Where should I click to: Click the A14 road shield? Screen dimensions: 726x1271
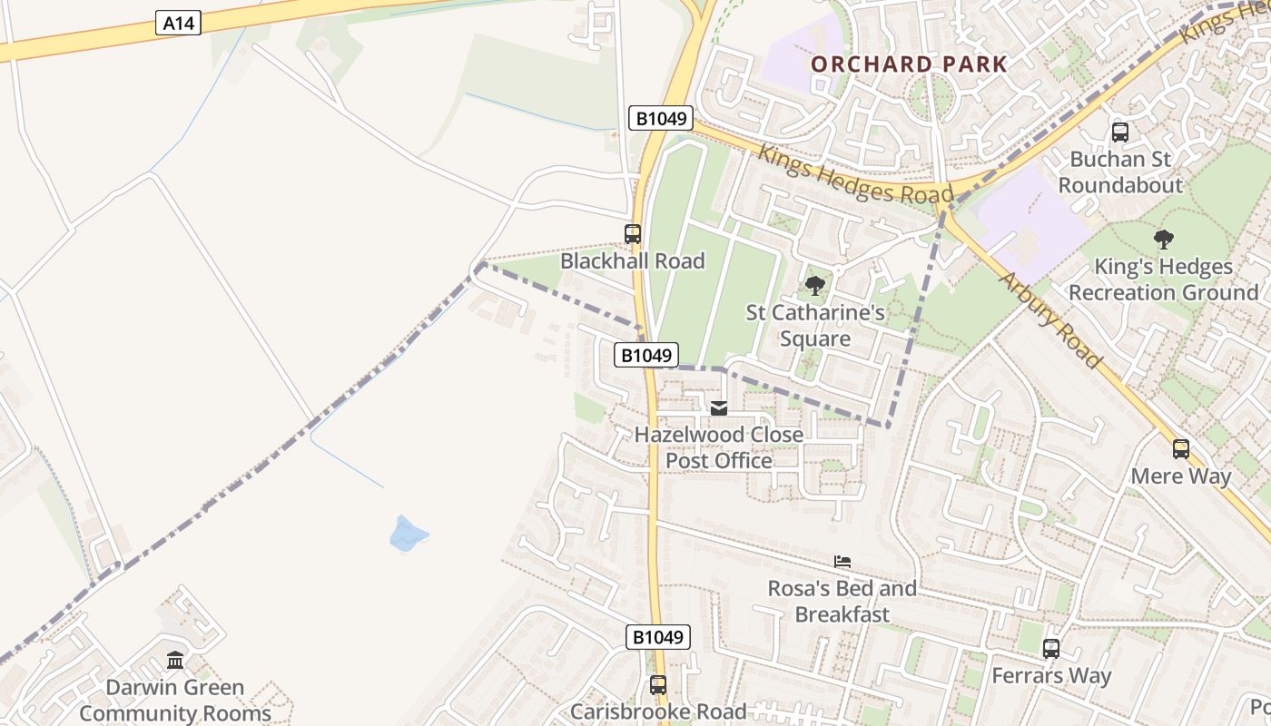pos(178,24)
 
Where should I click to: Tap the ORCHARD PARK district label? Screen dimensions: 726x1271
pos(909,64)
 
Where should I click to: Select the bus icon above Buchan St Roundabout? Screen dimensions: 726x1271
pos(1120,132)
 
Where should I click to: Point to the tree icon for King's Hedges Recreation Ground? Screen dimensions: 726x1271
pos(1163,240)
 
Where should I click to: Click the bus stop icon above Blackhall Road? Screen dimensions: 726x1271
pos(633,234)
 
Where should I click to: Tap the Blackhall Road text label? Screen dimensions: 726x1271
pos(632,261)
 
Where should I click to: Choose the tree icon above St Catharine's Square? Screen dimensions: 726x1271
pos(815,286)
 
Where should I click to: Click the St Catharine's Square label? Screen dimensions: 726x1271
pos(815,326)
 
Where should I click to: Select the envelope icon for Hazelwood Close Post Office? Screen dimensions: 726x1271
pos(719,408)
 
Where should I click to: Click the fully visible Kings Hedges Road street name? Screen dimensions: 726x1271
pos(856,174)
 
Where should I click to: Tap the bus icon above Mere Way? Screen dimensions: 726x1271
pos(1180,448)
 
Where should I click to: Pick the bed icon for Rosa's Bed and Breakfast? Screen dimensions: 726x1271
pos(842,562)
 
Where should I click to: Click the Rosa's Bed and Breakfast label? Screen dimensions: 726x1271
pos(842,602)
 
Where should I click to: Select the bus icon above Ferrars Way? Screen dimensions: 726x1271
pos(1050,649)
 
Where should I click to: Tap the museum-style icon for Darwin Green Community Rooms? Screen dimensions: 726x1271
pos(175,660)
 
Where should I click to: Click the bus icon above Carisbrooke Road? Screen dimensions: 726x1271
pos(658,685)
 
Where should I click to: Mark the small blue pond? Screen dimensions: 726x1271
pos(408,534)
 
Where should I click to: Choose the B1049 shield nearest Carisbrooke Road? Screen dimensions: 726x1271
pos(658,637)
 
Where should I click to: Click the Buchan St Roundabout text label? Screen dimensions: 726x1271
pos(1120,172)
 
